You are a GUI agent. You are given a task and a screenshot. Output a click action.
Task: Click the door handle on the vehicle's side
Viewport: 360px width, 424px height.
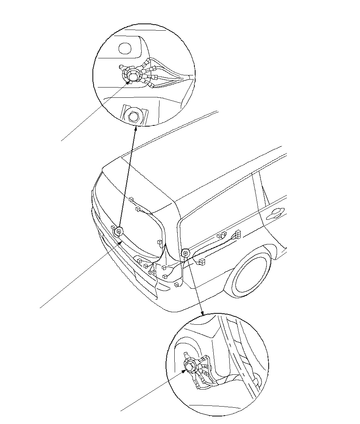[275, 214]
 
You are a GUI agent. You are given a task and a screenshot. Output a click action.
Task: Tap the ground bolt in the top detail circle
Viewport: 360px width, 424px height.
[132, 75]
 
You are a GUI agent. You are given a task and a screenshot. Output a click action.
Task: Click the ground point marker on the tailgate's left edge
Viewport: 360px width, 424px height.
[119, 232]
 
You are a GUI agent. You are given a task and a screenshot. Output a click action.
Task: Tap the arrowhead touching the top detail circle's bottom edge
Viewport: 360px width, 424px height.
[135, 128]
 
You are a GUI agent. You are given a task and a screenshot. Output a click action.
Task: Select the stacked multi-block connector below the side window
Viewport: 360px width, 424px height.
[238, 234]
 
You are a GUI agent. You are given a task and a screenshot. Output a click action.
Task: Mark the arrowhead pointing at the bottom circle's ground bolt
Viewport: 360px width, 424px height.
[185, 371]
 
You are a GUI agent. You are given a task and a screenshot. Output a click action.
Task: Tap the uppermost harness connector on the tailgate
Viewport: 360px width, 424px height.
[131, 199]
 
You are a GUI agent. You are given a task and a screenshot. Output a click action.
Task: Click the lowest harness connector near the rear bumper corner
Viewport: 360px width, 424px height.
[176, 284]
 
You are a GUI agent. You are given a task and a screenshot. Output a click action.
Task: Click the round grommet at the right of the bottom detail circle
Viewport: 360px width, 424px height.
[257, 380]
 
